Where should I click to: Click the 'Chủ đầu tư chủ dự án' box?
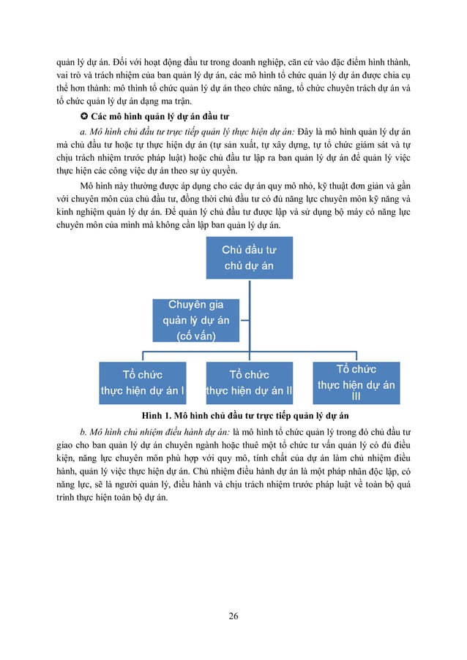249,258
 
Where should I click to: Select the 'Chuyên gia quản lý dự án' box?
196,319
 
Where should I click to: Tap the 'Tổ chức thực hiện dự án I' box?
143,382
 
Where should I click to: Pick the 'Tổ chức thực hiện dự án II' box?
249,382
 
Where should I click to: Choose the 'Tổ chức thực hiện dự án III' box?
356,382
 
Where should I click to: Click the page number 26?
233,616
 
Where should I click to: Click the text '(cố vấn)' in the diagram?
196,335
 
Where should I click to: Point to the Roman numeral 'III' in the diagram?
356,397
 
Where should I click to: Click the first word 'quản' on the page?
67,61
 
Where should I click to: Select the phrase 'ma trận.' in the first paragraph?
203,102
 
